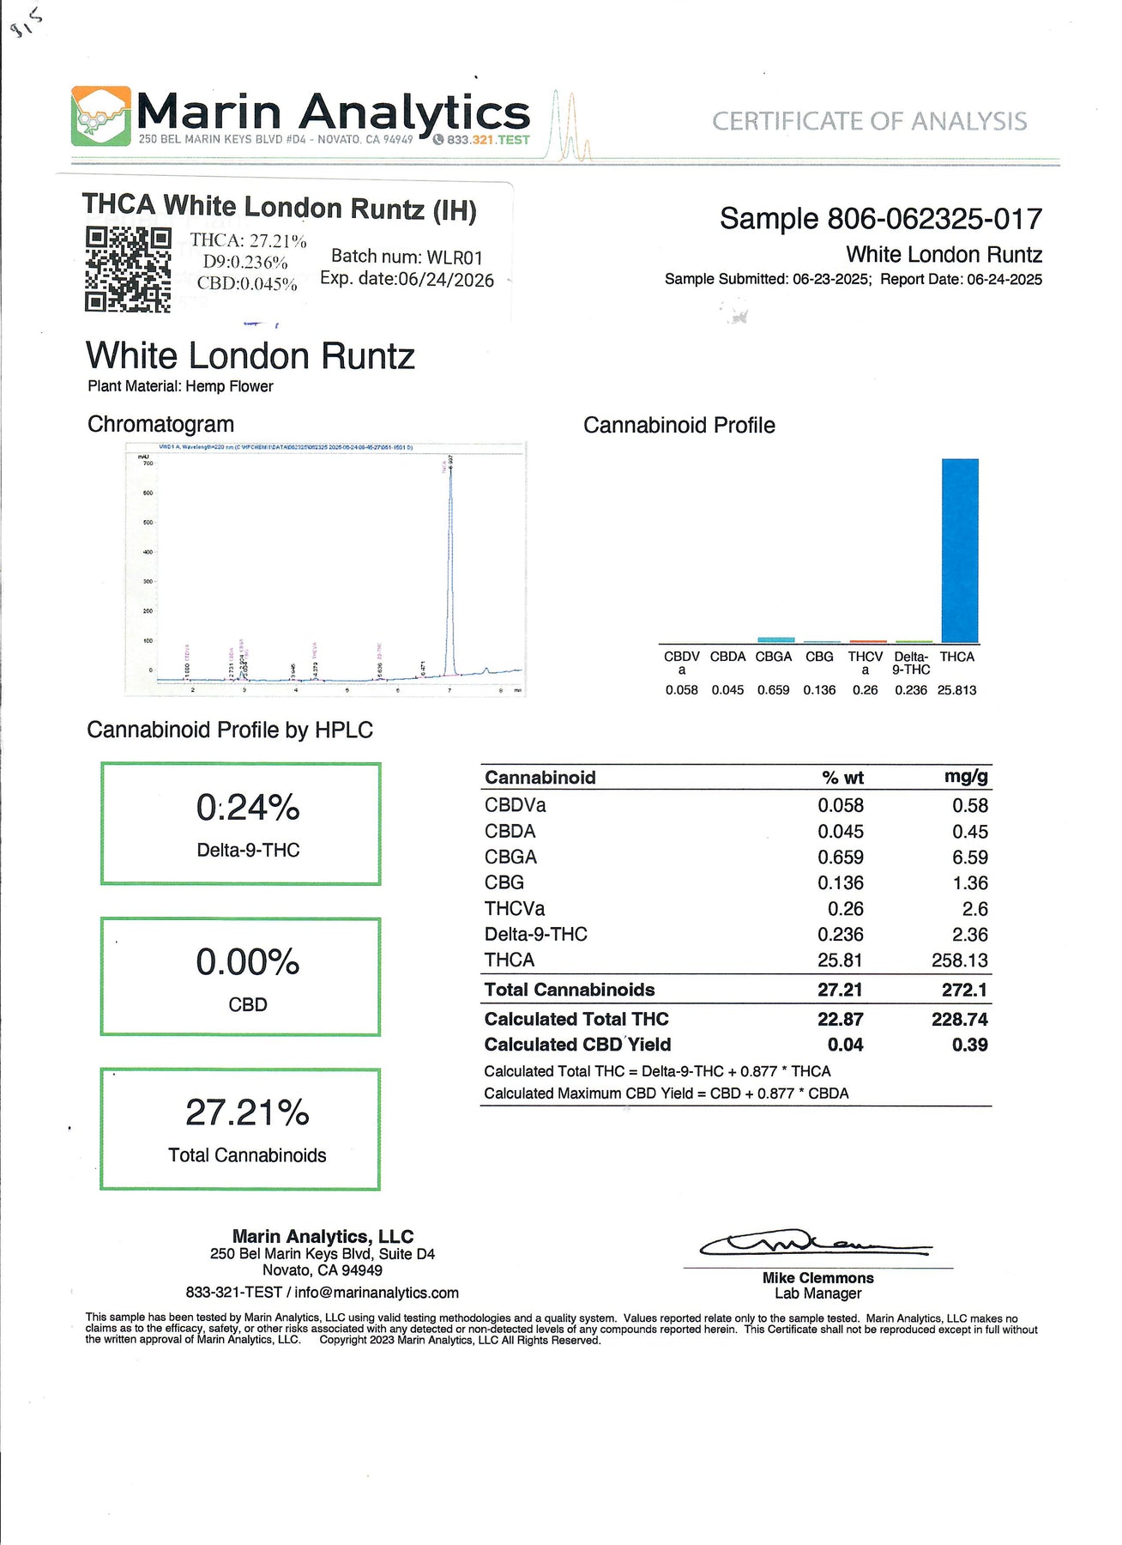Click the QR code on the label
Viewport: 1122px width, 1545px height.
128,269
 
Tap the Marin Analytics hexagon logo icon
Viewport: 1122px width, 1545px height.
100,116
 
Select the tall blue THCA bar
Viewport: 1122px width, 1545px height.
959,550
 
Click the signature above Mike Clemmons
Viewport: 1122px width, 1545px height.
815,1244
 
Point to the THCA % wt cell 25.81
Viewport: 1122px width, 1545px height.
840,960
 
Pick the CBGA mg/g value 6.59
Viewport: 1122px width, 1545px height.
969,857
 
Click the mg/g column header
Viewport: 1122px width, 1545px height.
966,777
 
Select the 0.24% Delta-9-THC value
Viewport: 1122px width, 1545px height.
247,808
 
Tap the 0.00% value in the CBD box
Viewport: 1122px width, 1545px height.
247,962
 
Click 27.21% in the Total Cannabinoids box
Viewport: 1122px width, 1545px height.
247,1113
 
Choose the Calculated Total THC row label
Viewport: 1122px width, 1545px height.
576,1020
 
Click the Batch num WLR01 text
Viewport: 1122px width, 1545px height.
407,257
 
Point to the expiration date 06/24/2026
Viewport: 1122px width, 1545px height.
444,281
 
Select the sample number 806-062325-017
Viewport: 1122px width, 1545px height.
934,220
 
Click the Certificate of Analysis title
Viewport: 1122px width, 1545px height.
869,122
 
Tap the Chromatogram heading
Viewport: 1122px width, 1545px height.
160,425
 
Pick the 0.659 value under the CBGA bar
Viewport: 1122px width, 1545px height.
773,690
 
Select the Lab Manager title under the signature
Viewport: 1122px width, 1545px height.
817,1294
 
